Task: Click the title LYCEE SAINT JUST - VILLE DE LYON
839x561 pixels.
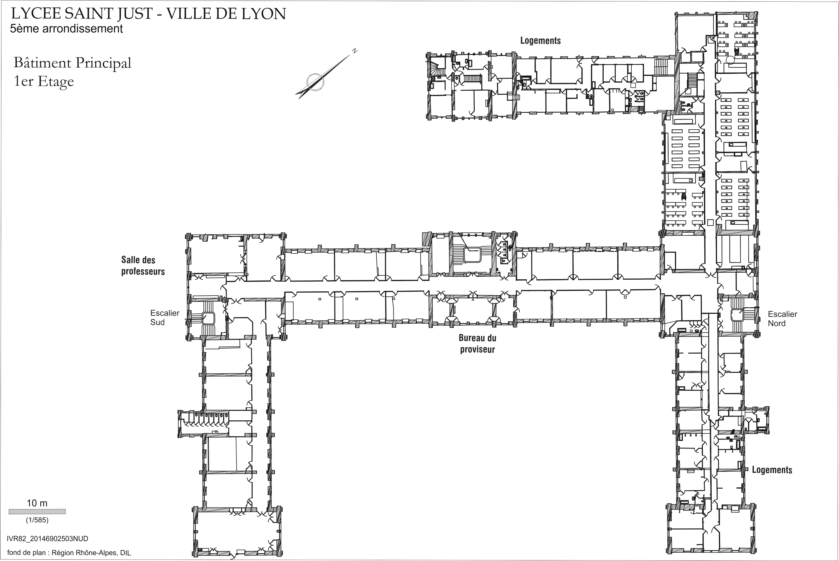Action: click(x=148, y=14)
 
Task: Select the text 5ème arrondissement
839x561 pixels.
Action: click(x=67, y=29)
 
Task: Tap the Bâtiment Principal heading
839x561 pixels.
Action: click(x=72, y=63)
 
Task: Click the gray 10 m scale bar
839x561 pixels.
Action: click(x=37, y=512)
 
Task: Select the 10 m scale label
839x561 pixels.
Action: click(x=37, y=503)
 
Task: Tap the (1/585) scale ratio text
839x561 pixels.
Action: click(x=37, y=520)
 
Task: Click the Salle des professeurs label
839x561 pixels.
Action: click(x=143, y=265)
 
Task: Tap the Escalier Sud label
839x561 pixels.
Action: click(x=165, y=318)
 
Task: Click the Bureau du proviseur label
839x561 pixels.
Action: click(x=477, y=343)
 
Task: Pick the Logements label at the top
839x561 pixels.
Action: click(x=540, y=40)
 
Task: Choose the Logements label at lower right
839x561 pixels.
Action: click(x=772, y=470)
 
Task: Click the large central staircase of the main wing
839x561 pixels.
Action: click(x=471, y=254)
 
